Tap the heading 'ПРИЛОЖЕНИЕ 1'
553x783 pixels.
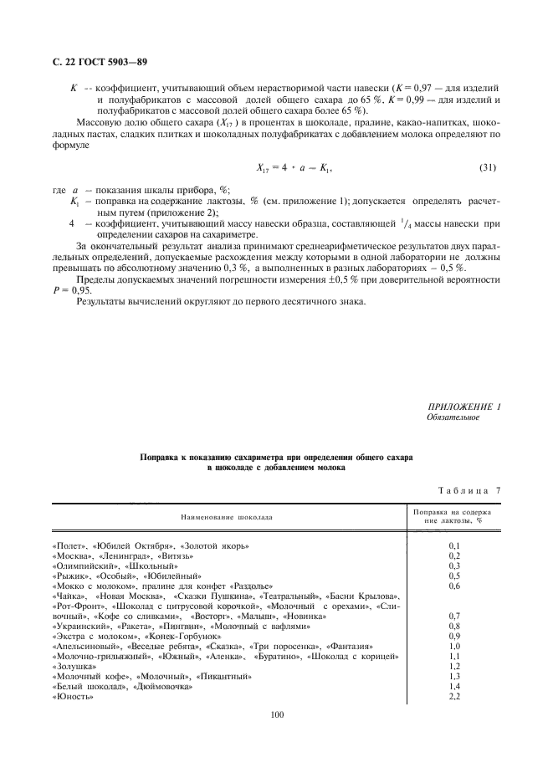(x=463, y=407)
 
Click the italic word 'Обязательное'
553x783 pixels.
(x=453, y=417)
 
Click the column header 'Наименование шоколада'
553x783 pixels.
(x=224, y=517)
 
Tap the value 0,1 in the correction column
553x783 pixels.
(x=456, y=545)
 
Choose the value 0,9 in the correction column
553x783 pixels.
(x=456, y=636)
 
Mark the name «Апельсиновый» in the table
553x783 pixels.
(x=86, y=646)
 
